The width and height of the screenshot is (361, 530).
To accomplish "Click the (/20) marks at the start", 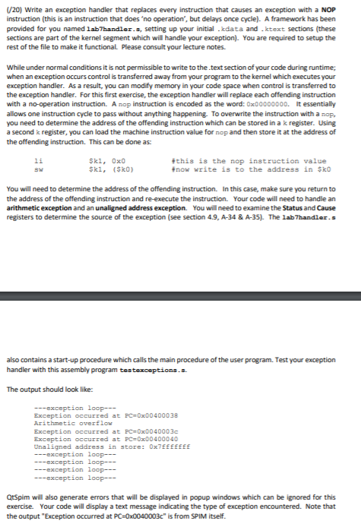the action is click(14, 10).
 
